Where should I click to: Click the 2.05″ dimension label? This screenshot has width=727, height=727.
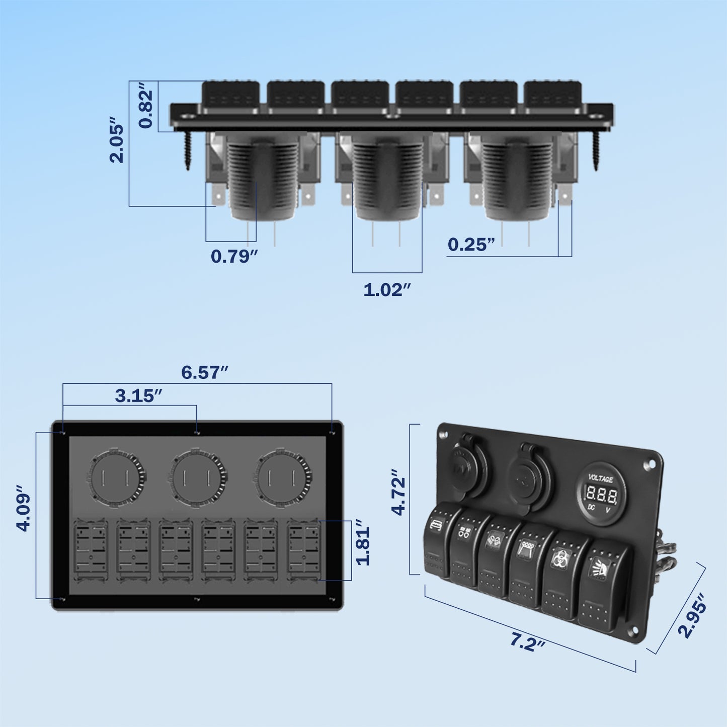[x=117, y=141]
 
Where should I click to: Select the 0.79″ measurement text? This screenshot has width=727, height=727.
[x=234, y=256]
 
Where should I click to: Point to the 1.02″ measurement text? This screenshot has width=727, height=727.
[x=387, y=290]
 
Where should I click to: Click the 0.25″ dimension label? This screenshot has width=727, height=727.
[x=471, y=245]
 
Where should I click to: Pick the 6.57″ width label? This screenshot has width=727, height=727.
[x=204, y=372]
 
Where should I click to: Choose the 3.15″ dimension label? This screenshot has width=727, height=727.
[x=138, y=395]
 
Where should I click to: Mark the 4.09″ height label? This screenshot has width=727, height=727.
[x=24, y=508]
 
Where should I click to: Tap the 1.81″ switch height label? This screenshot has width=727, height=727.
[x=363, y=546]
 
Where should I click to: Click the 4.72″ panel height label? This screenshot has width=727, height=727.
[x=399, y=493]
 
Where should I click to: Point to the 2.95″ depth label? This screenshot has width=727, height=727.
[x=693, y=616]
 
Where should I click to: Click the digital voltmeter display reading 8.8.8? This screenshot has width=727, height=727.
[x=601, y=496]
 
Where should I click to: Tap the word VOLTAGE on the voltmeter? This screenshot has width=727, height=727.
[x=601, y=478]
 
